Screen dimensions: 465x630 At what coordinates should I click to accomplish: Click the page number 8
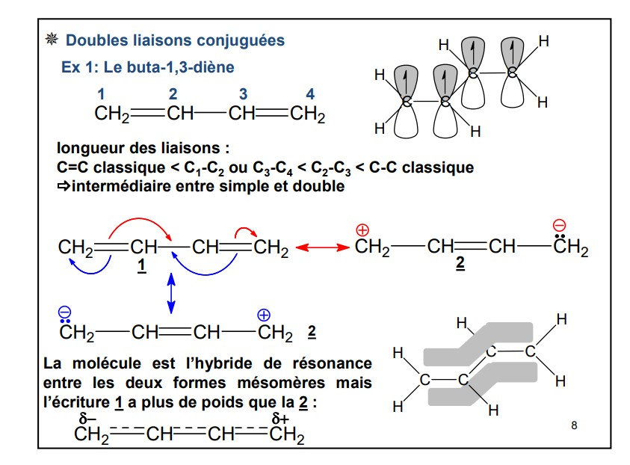(574, 425)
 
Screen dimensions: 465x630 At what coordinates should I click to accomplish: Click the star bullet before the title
(52, 40)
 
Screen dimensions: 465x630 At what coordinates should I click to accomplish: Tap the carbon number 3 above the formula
(243, 93)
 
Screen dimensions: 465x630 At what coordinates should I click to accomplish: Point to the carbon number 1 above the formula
(102, 93)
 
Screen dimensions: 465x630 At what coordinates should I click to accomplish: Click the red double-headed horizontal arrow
(321, 247)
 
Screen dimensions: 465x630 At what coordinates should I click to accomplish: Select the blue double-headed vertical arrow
(171, 293)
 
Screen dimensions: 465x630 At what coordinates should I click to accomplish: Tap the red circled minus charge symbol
(559, 225)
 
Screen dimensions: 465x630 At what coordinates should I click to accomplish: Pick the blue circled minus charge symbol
(66, 312)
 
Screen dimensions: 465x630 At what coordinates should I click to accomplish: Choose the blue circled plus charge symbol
(264, 314)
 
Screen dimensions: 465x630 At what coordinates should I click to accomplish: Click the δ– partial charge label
(87, 419)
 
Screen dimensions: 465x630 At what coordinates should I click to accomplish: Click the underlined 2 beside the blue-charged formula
(312, 331)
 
